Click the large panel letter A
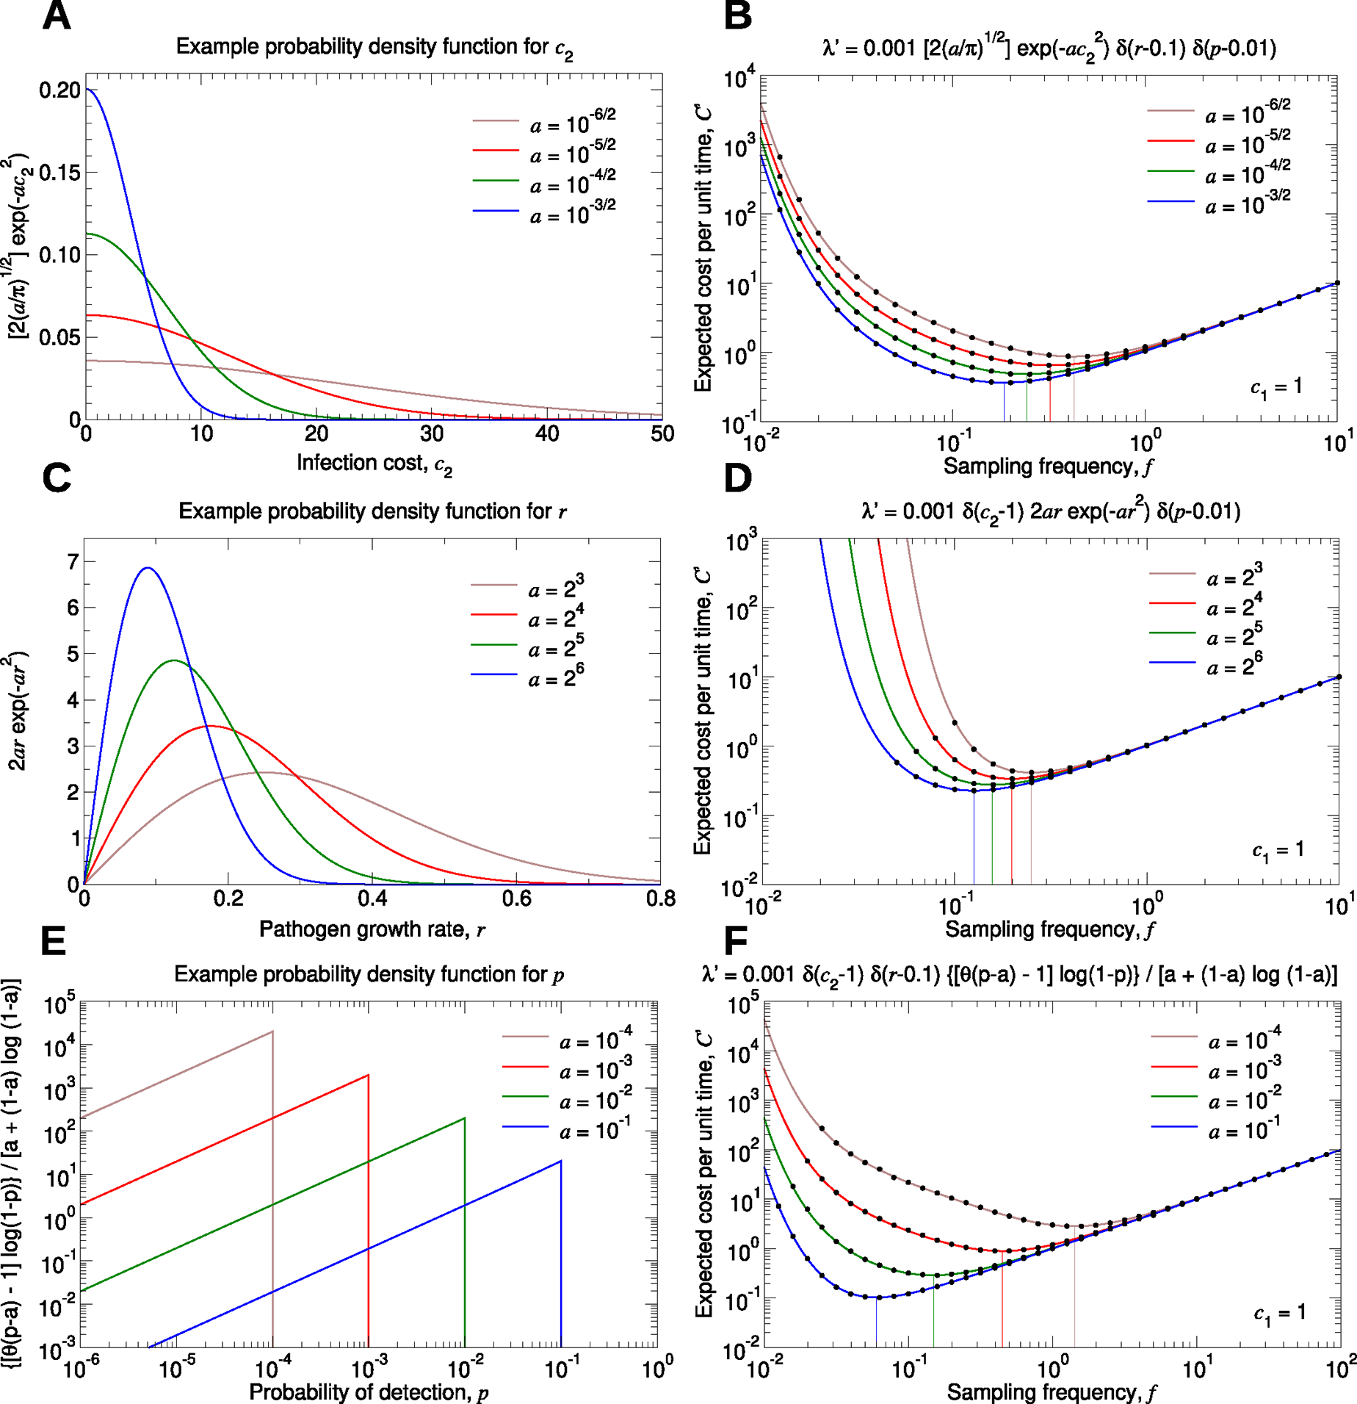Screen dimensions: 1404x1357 57,16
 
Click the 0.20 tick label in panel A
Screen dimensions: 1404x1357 59,90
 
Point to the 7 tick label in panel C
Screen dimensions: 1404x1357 72,562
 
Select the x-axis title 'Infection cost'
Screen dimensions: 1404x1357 374,464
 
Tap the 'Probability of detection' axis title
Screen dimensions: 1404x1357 369,1392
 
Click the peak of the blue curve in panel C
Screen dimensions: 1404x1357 148,567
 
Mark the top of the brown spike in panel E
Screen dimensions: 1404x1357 272,1032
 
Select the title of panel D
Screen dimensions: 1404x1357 1051,511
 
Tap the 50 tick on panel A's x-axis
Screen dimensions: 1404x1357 662,434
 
